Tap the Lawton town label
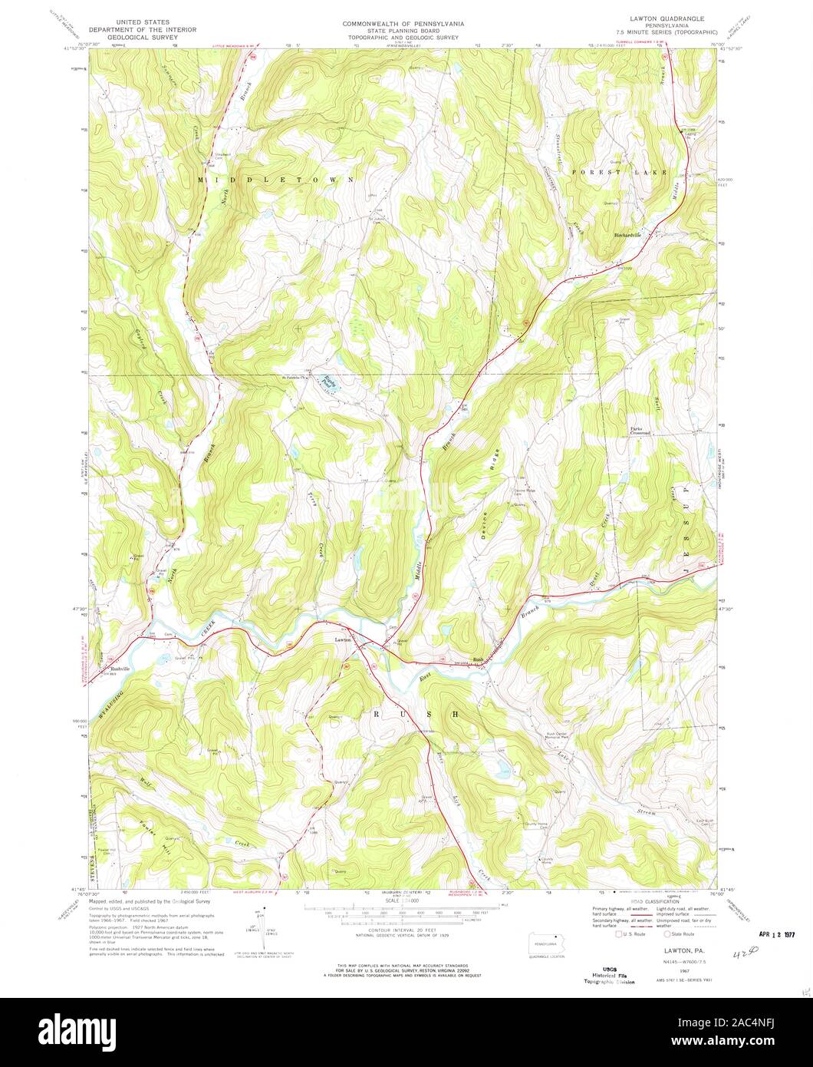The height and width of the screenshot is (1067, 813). coord(342,639)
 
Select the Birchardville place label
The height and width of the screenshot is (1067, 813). coord(631,235)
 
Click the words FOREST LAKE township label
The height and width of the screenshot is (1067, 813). coord(619,173)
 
